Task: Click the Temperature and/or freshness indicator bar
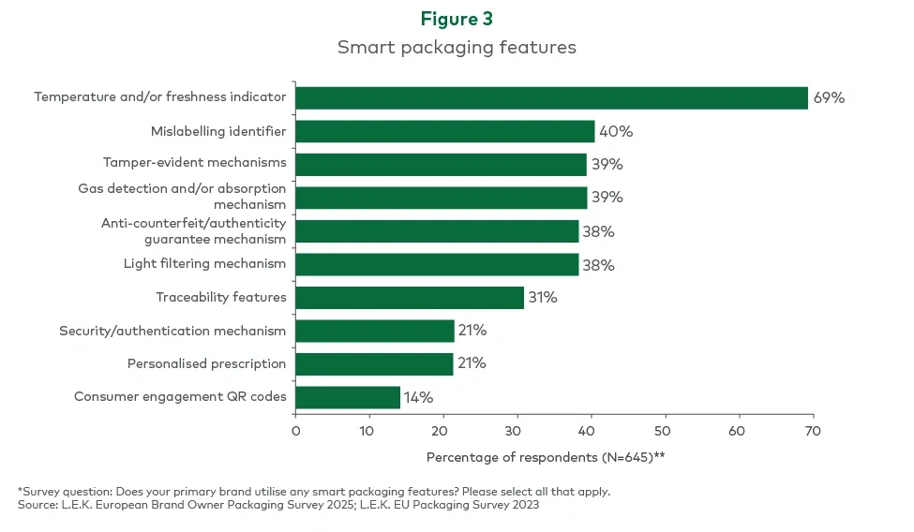[551, 97]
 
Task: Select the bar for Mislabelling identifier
[445, 131]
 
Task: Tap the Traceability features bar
[410, 298]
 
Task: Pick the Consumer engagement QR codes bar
[348, 397]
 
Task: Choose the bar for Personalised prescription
[374, 363]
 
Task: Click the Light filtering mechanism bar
[437, 264]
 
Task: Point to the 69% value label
[829, 97]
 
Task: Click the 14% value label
[418, 397]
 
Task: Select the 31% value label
[542, 298]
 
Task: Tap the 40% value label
[616, 131]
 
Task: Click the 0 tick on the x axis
[296, 431]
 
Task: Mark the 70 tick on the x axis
[813, 431]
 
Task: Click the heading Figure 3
[457, 20]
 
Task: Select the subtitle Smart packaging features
[457, 47]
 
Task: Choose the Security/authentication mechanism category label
[172, 331]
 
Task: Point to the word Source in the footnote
[37, 504]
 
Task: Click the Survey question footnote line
[314, 491]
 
